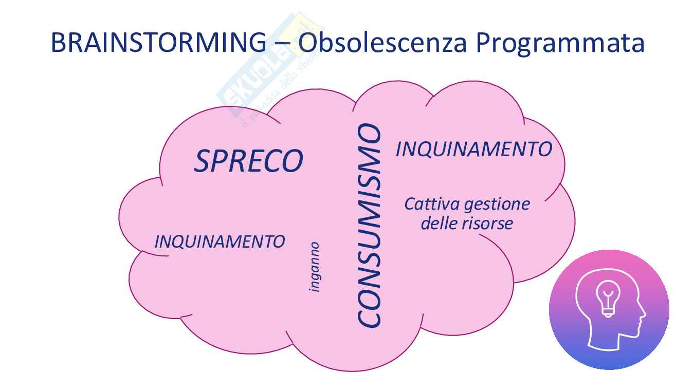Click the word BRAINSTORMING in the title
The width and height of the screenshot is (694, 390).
click(x=158, y=43)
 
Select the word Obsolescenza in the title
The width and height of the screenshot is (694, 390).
click(x=382, y=42)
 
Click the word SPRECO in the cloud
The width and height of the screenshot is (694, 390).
click(x=248, y=161)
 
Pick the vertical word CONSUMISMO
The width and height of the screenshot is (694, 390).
click(x=369, y=225)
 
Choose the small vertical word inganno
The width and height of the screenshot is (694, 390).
click(x=314, y=267)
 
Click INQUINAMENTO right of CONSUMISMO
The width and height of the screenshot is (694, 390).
click(x=474, y=150)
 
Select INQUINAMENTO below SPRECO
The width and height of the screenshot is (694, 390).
click(x=220, y=242)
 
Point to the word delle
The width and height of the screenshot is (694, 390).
click(x=440, y=224)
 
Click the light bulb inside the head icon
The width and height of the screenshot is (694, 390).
click(x=608, y=299)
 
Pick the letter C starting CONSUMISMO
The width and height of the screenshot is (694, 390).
click(x=369, y=317)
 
